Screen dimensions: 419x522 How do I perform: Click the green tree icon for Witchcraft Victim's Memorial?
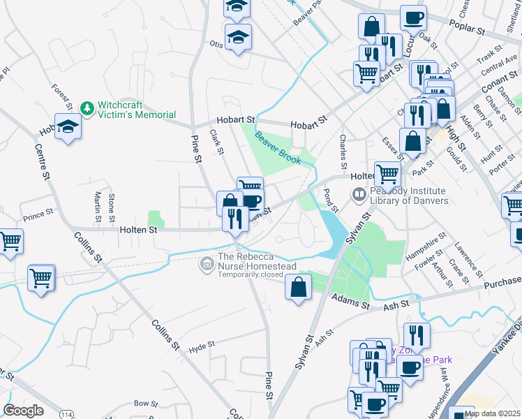click(x=87, y=108)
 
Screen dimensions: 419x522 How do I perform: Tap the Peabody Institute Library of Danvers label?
click(x=408, y=196)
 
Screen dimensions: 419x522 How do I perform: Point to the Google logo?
click(x=23, y=411)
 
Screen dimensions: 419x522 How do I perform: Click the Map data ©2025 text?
click(x=491, y=413)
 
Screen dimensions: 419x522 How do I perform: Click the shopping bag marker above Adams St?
click(x=298, y=287)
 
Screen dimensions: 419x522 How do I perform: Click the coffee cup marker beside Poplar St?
click(x=413, y=17)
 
